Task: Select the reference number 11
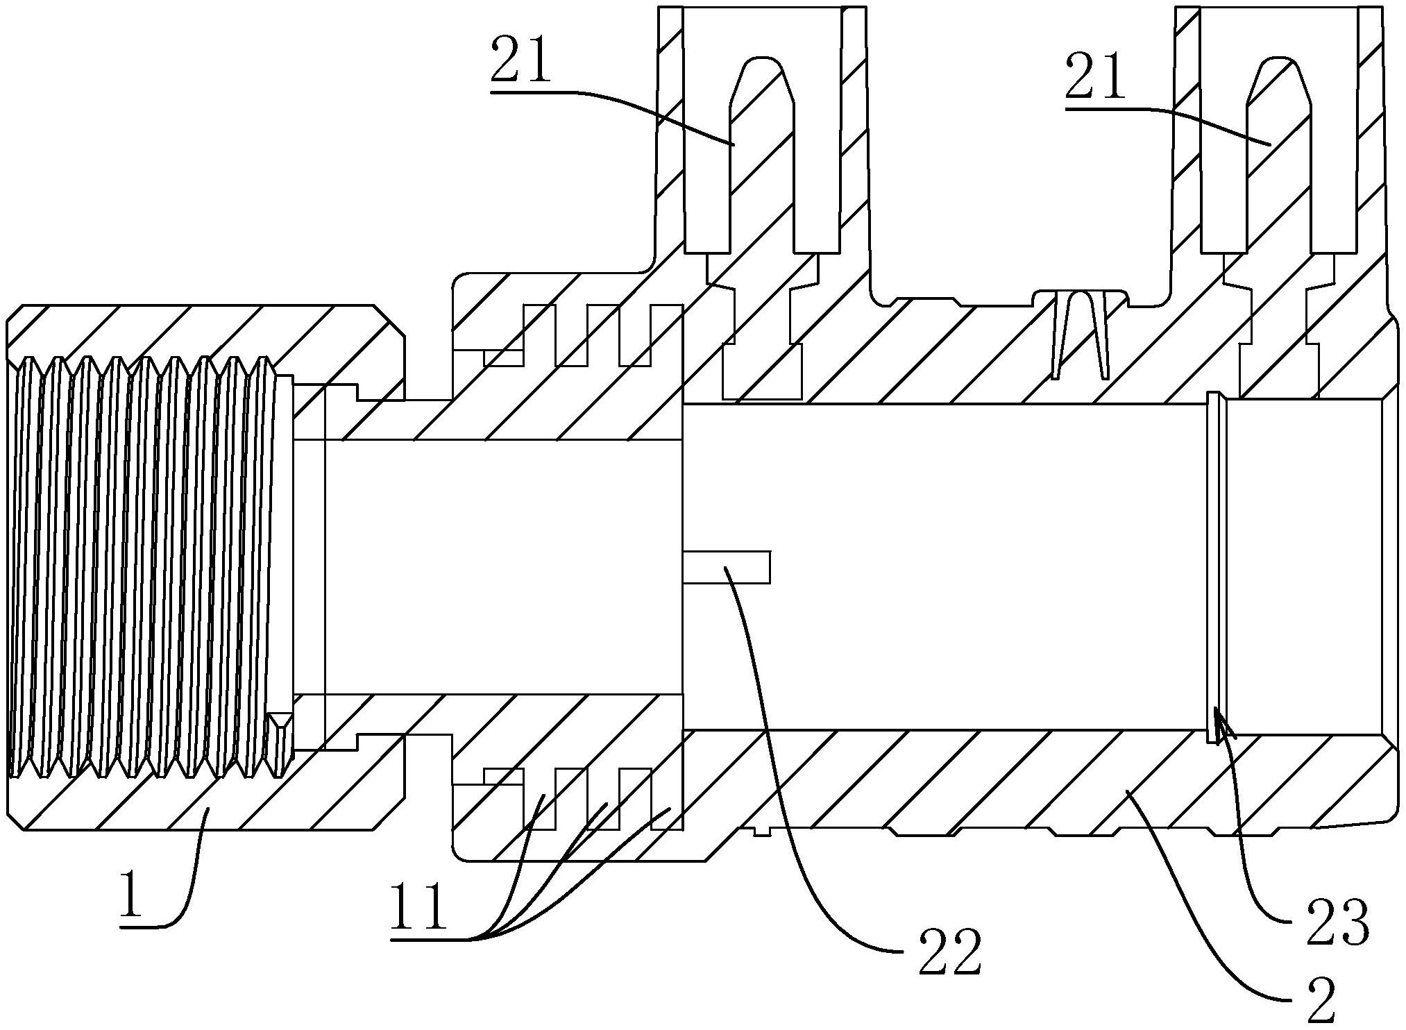coord(418,906)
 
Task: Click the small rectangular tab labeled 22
coord(726,566)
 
